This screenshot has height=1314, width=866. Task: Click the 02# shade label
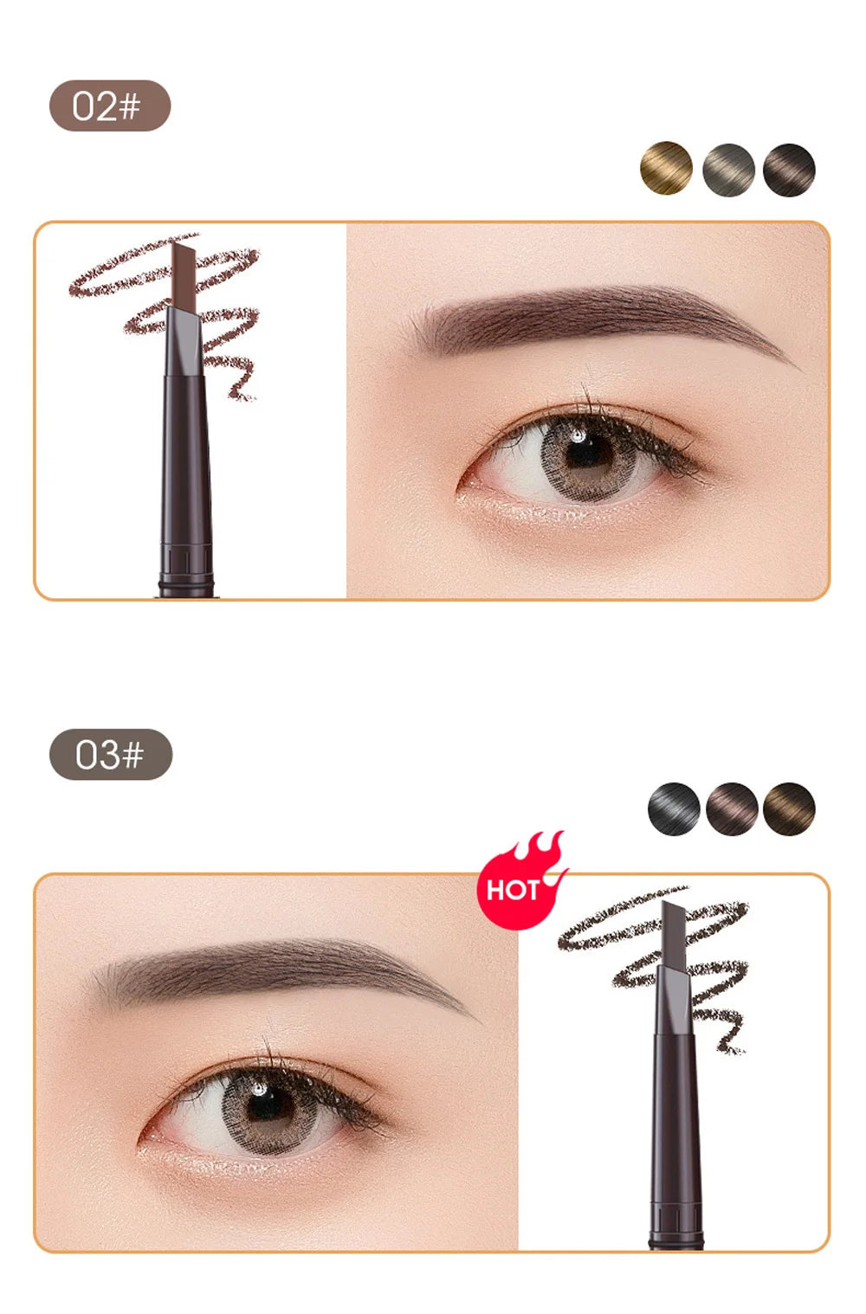(x=110, y=106)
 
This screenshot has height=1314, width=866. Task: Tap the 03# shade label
(x=111, y=754)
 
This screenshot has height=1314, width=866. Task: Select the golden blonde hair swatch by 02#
(x=666, y=168)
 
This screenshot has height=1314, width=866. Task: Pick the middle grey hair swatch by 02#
(x=728, y=171)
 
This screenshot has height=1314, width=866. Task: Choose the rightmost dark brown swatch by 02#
(x=789, y=171)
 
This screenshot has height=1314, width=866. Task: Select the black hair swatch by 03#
(x=674, y=809)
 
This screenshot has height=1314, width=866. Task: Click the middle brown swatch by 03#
(x=732, y=809)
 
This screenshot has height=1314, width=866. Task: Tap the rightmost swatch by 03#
(x=789, y=809)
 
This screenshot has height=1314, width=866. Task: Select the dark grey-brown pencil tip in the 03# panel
(x=674, y=933)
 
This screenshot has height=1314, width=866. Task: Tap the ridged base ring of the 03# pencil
(x=676, y=1219)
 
